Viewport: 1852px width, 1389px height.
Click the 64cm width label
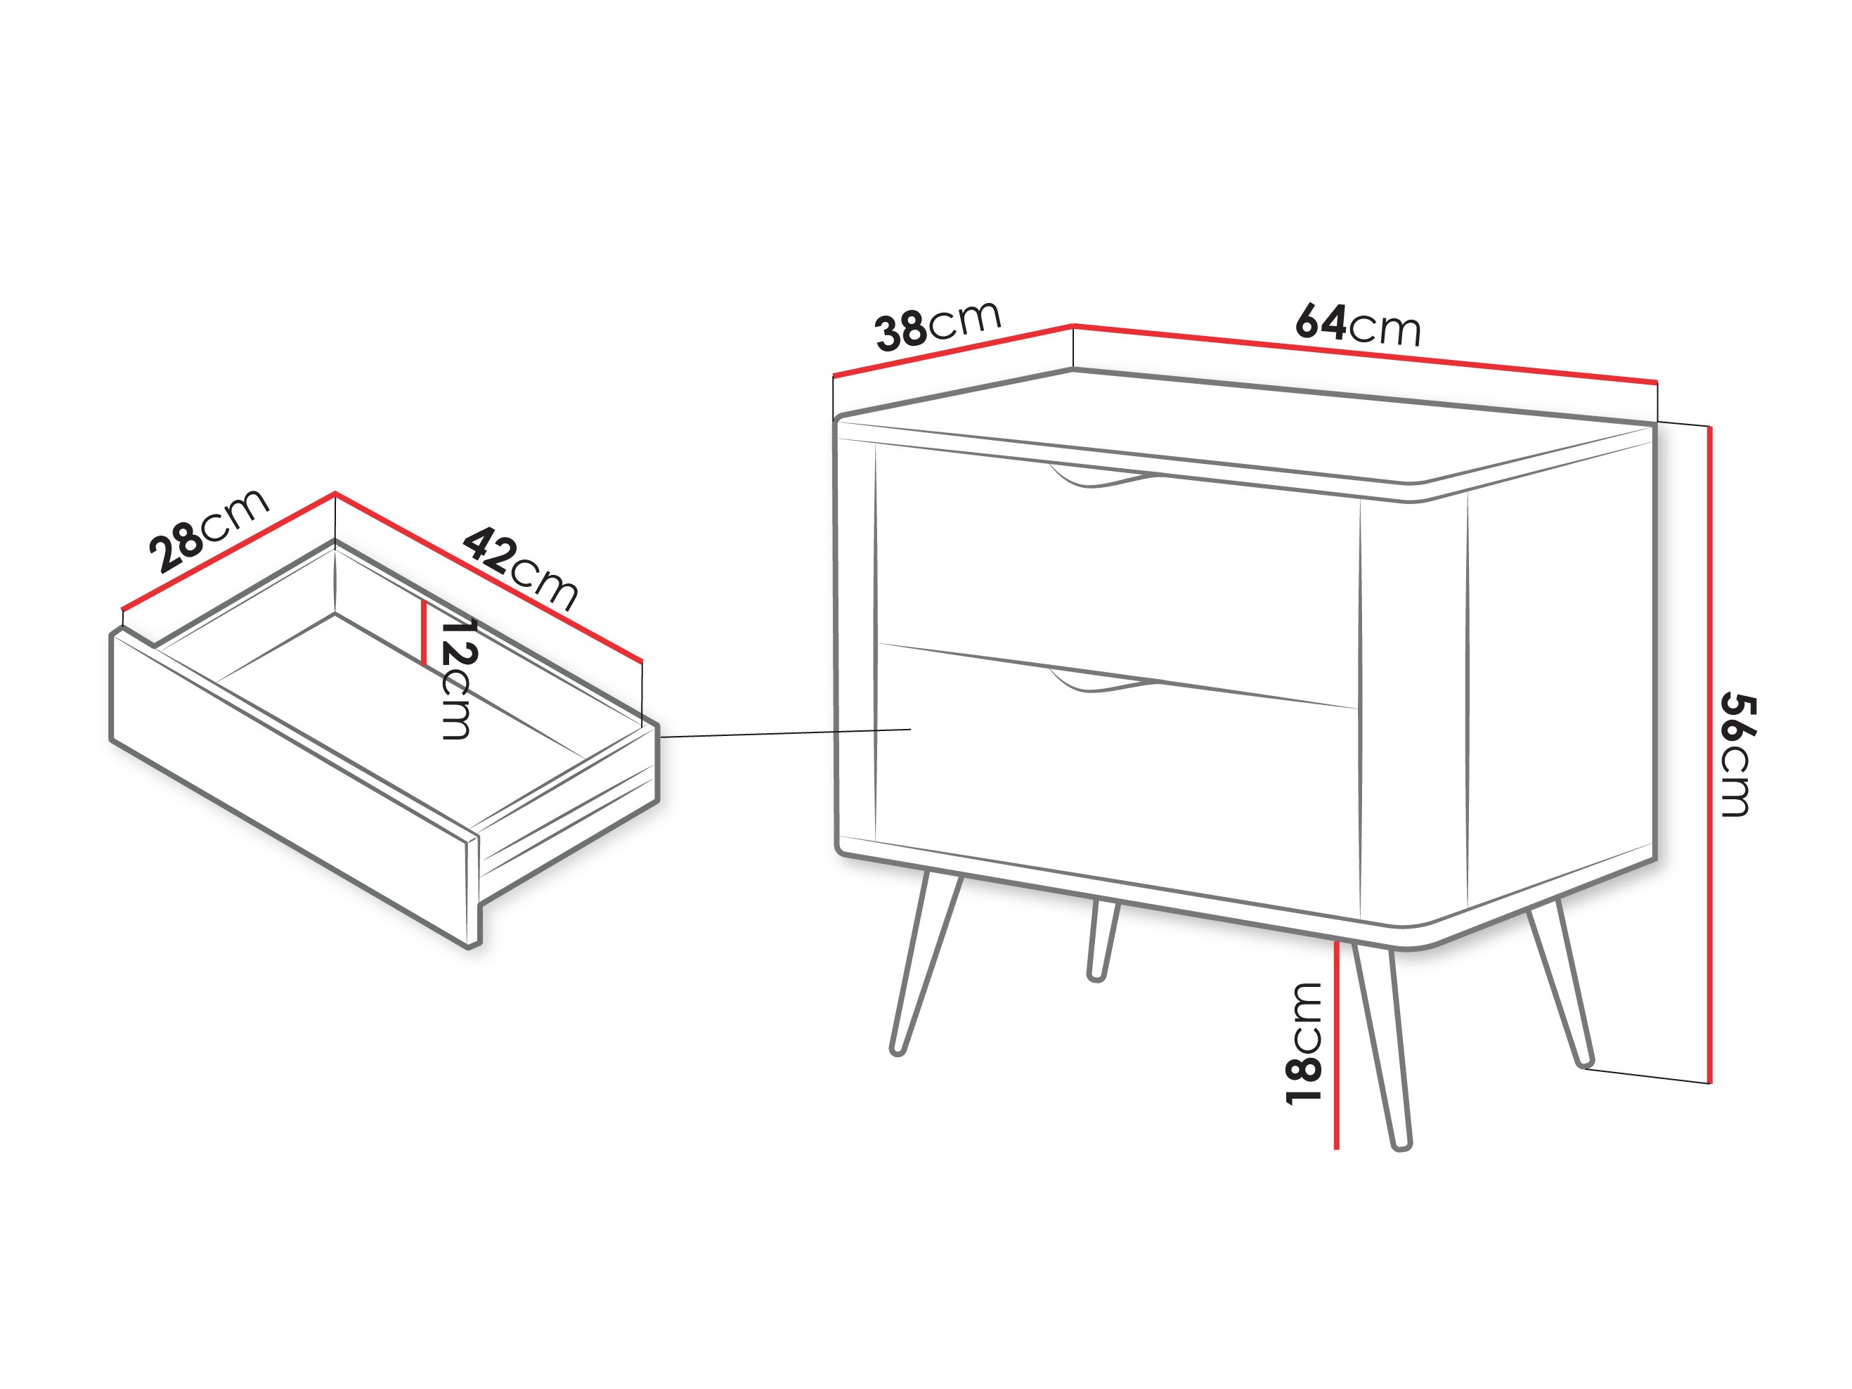click(1357, 325)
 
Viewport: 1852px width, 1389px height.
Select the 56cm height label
click(1737, 754)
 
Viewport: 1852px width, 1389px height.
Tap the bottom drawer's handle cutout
click(1101, 682)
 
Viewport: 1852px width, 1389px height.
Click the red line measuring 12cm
click(425, 633)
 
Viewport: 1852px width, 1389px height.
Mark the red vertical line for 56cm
click(1709, 754)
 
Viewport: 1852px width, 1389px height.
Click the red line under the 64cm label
click(1365, 354)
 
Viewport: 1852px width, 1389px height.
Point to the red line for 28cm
click(228, 551)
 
